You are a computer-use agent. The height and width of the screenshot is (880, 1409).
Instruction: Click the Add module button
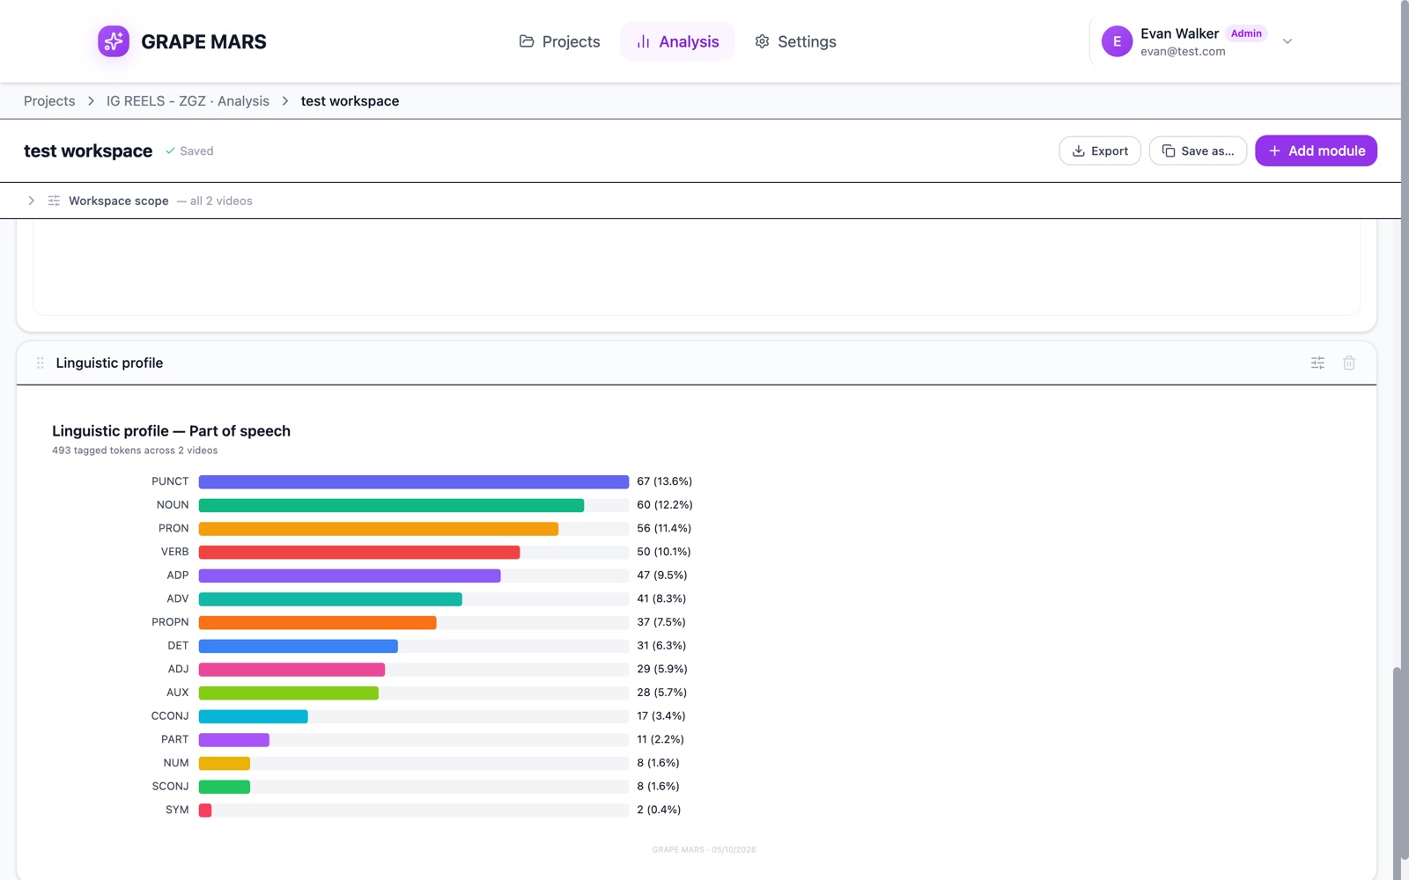tap(1316, 150)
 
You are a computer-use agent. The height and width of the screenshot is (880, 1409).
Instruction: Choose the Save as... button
tap(1198, 150)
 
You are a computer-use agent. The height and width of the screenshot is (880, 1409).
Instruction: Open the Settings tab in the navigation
tap(795, 41)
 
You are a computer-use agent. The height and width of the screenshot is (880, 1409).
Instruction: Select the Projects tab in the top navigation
tap(559, 41)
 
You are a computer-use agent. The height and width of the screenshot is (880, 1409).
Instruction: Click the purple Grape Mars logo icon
tap(114, 41)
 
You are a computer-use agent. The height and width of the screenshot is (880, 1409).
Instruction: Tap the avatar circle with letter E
tap(1117, 41)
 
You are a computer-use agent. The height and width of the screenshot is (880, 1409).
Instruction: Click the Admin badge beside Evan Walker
tap(1245, 33)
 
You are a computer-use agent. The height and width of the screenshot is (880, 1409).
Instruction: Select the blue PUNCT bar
tap(413, 481)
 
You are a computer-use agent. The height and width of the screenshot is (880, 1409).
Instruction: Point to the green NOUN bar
tap(391, 505)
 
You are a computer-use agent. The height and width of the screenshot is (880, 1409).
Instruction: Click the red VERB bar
tap(359, 552)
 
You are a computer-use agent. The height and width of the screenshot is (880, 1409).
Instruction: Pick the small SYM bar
tap(205, 810)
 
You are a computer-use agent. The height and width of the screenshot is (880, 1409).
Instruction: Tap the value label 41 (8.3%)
tap(661, 598)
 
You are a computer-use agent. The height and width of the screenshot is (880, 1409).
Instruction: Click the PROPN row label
tap(170, 621)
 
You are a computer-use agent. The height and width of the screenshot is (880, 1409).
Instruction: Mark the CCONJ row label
tap(170, 716)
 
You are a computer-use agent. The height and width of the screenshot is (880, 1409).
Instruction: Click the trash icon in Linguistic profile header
tap(1348, 363)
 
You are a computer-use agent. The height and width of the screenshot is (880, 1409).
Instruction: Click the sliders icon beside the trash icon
tap(1317, 363)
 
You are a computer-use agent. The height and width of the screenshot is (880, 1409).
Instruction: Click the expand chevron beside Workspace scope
tap(31, 201)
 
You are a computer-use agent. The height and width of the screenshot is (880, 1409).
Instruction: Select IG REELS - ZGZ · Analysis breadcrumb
tap(188, 101)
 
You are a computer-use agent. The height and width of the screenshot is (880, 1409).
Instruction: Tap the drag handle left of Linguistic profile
tap(41, 363)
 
